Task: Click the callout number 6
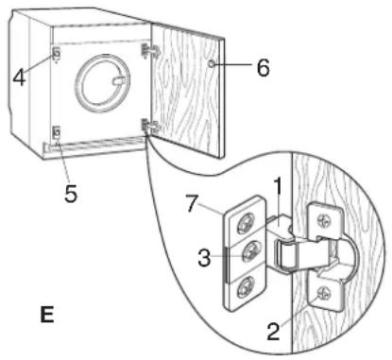(264, 67)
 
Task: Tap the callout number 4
(19, 77)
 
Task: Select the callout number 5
(71, 194)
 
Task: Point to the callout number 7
(193, 204)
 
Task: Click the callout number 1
(278, 187)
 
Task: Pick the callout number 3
(204, 258)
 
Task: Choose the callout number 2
(273, 332)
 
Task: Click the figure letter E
(47, 314)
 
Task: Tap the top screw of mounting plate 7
(245, 225)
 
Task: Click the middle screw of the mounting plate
(250, 252)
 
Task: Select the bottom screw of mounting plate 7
(245, 286)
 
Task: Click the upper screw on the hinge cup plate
(324, 220)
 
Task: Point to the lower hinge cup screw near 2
(324, 295)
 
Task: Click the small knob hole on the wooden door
(212, 64)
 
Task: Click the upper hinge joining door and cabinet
(150, 50)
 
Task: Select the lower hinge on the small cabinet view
(150, 127)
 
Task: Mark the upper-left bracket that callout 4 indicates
(57, 54)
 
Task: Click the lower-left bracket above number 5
(57, 133)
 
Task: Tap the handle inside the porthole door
(121, 81)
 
